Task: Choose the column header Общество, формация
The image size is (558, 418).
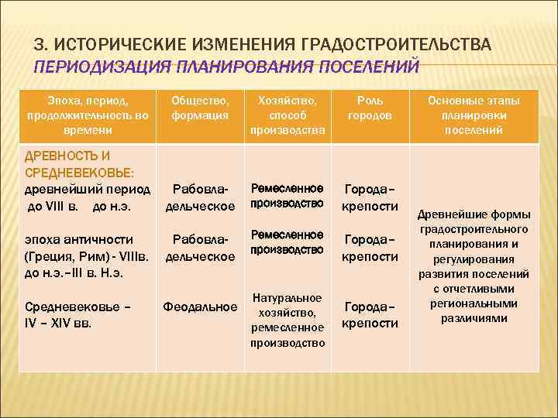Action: click(201, 108)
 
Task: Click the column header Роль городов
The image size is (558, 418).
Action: click(369, 108)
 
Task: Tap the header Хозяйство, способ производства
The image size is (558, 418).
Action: click(286, 115)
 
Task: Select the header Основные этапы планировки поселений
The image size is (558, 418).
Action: click(474, 115)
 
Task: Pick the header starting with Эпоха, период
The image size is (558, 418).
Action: click(87, 115)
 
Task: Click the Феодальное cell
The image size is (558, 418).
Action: click(201, 307)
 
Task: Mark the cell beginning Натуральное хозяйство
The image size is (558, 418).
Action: click(287, 320)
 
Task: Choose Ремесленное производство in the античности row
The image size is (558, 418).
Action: click(287, 242)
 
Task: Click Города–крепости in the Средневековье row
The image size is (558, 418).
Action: click(370, 314)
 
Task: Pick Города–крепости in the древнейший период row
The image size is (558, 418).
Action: click(370, 197)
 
